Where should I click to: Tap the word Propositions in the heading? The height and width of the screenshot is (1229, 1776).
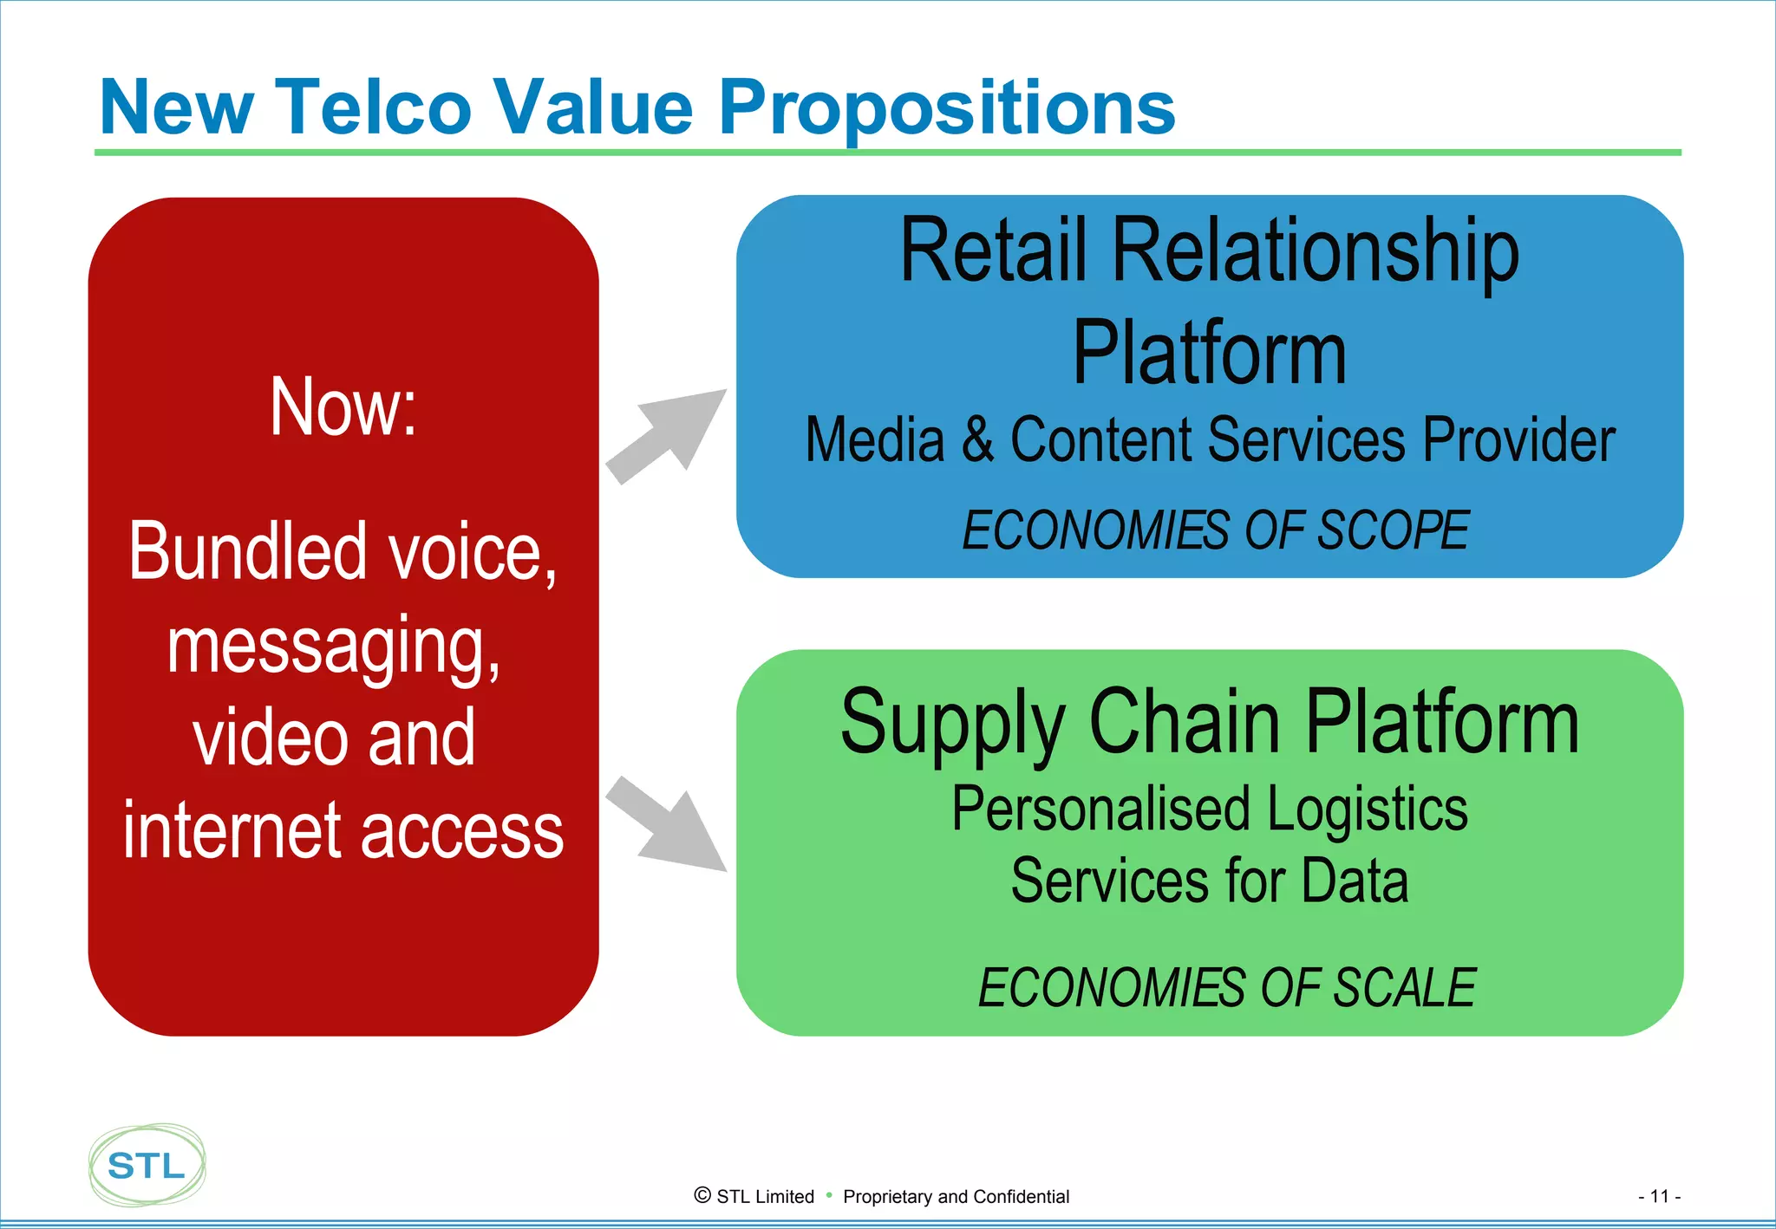click(x=946, y=108)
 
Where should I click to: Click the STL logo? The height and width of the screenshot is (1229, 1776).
click(x=147, y=1165)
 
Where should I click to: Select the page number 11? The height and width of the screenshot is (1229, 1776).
click(x=1659, y=1196)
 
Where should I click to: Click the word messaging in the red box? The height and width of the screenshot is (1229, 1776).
click(x=334, y=647)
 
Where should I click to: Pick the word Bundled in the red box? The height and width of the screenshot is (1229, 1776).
click(x=248, y=551)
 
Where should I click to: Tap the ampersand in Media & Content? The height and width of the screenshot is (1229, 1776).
click(x=977, y=439)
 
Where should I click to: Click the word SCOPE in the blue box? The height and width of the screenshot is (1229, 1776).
click(x=1393, y=530)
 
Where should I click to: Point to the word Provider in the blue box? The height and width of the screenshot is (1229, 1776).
click(x=1518, y=439)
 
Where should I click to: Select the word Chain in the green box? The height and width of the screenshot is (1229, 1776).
click(x=1184, y=722)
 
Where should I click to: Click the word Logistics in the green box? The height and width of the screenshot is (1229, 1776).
click(x=1368, y=809)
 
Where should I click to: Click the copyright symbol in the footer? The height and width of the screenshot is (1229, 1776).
click(x=702, y=1195)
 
